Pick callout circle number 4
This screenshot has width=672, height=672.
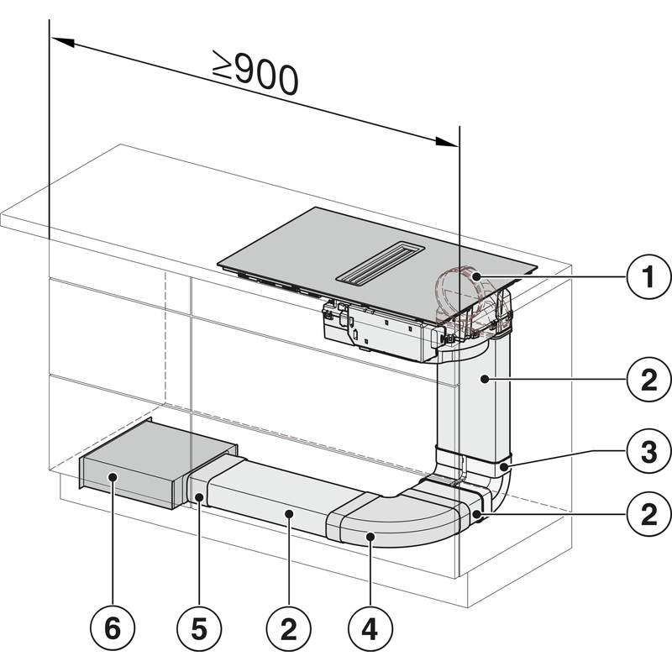368,627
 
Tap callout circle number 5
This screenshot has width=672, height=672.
197,627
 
